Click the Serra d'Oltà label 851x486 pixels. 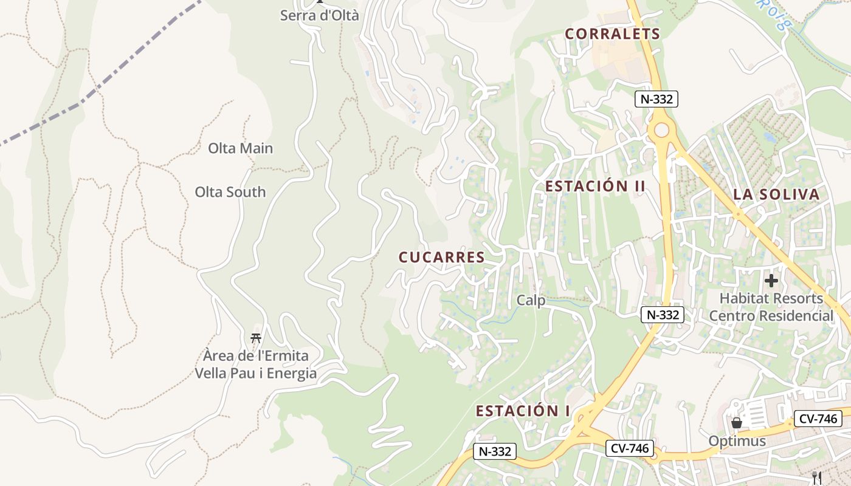click(x=320, y=15)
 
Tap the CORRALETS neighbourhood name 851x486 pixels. click(x=612, y=34)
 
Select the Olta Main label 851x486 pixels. click(x=240, y=148)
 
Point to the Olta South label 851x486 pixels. click(x=230, y=192)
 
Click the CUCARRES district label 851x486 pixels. click(x=442, y=258)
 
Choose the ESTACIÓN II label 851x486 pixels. click(x=594, y=187)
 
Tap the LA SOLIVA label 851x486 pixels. click(x=776, y=194)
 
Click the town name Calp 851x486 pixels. click(x=531, y=300)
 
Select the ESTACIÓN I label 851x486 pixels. click(x=523, y=411)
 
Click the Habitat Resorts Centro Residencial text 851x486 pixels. click(x=771, y=307)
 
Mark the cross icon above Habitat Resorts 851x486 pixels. click(x=771, y=281)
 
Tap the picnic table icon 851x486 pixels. click(x=256, y=338)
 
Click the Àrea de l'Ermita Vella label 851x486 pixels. click(x=256, y=364)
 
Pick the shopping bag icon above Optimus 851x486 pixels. click(x=737, y=422)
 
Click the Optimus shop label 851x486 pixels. click(x=737, y=440)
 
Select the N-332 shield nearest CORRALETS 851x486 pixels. click(x=656, y=99)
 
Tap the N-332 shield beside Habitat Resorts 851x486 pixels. click(x=663, y=315)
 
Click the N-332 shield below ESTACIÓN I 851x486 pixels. click(x=495, y=451)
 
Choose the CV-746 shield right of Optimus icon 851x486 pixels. click(x=818, y=419)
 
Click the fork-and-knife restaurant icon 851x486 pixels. click(x=818, y=478)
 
